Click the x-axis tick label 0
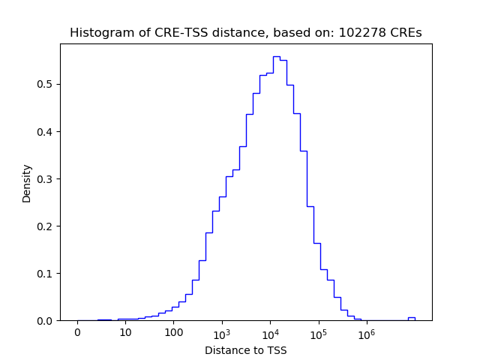tap(77, 332)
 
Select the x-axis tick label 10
tap(125, 332)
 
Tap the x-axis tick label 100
tap(173, 332)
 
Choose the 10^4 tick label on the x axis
tap(270, 332)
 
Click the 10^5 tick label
tap(318, 332)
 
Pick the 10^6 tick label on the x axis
tap(366, 332)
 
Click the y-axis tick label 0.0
tap(46, 321)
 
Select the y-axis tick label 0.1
tap(46, 274)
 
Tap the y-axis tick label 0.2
tap(46, 226)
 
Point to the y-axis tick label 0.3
tap(46, 179)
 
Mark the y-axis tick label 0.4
tap(46, 132)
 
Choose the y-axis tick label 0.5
tap(46, 85)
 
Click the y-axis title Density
tap(27, 182)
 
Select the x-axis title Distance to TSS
tap(245, 349)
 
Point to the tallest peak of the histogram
tap(276, 56)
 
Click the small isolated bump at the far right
tap(411, 318)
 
